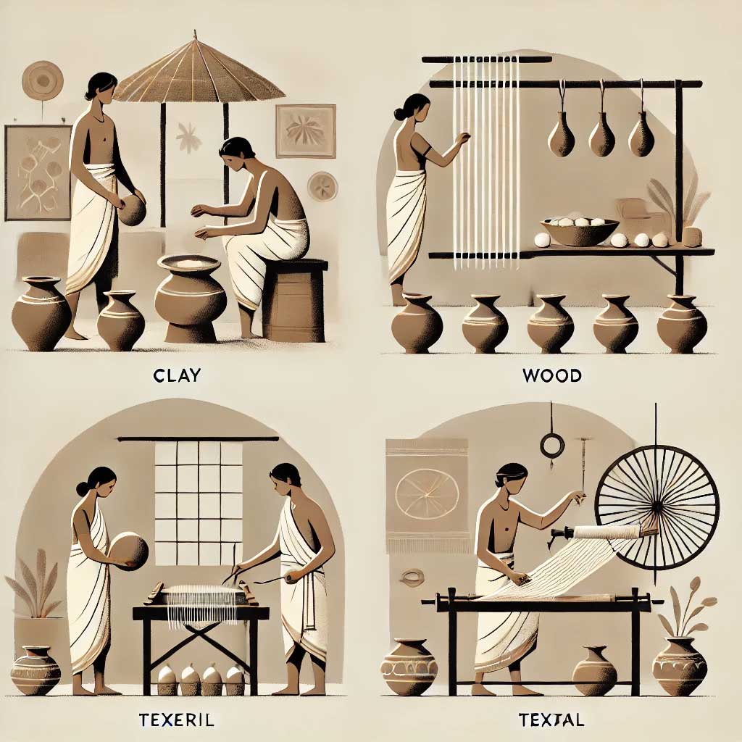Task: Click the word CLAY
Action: [177, 375]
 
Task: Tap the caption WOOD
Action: [552, 376]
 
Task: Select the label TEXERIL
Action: [177, 720]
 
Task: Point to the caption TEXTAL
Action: [551, 720]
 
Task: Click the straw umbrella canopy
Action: [199, 71]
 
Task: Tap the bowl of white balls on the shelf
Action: [580, 231]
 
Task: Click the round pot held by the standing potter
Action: [132, 209]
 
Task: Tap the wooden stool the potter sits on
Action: [294, 300]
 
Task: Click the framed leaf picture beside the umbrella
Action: [306, 131]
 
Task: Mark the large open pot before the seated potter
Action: [191, 297]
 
